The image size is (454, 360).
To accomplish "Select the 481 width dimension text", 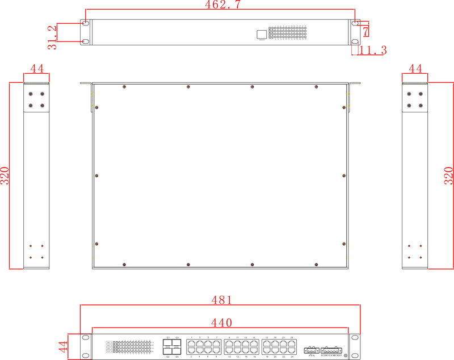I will click(221, 299).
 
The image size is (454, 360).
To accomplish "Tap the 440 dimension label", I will click(221, 323).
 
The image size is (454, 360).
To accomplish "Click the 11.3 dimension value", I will click(373, 51).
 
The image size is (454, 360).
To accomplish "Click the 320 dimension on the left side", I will click(5, 175).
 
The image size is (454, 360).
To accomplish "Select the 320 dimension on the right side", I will click(448, 175).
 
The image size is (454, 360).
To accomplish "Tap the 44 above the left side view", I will click(37, 69).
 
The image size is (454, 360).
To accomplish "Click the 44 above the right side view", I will click(415, 69).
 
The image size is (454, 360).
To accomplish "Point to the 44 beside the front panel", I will click(64, 346).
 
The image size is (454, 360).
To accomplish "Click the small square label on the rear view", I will click(261, 34).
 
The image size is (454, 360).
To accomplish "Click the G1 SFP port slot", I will click(169, 343).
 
